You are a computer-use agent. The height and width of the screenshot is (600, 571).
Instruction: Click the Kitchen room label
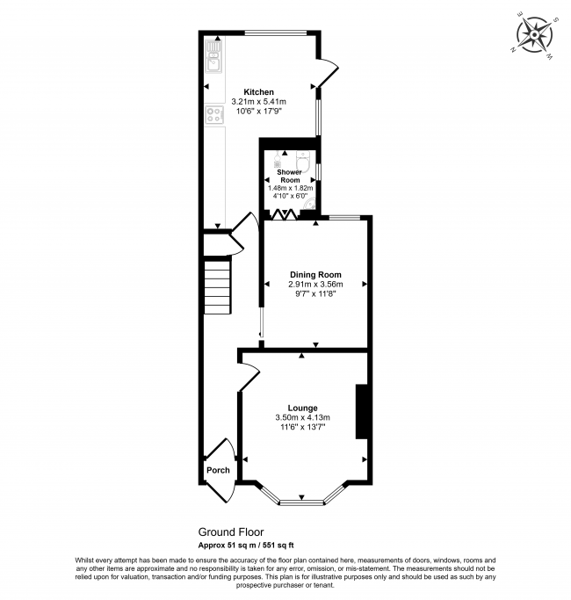point(259,92)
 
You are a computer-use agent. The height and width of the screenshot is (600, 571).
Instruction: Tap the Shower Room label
point(289,176)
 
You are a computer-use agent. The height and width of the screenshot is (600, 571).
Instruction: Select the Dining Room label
point(314,274)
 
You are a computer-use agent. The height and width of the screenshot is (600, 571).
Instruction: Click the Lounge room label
point(302,407)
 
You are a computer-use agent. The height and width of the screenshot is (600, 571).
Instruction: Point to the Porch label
point(218,470)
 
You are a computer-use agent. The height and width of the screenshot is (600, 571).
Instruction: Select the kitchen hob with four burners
point(213,114)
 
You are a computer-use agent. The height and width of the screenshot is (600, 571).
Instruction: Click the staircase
point(218,286)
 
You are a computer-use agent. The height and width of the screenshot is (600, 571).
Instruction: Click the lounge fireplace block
point(361,411)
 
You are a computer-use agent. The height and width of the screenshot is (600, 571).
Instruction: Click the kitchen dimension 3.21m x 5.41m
point(259,102)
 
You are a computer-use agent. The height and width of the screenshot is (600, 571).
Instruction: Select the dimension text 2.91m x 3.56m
point(314,284)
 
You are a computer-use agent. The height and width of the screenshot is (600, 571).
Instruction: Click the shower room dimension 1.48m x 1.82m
point(289,187)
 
